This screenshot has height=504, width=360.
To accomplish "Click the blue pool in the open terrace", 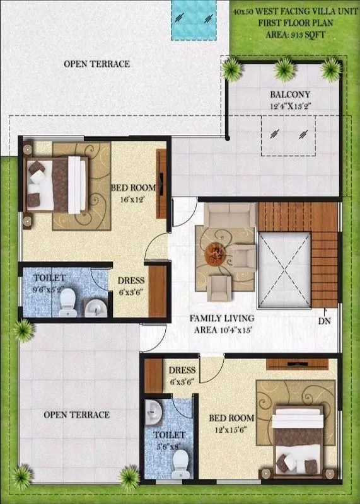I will (196, 19).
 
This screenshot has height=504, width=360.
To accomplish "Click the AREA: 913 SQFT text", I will (291, 34).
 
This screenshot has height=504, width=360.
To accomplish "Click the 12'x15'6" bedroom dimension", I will (233, 430).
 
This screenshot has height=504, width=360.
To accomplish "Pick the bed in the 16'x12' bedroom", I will (57, 184).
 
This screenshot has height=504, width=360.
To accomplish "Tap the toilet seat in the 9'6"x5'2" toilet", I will (66, 304).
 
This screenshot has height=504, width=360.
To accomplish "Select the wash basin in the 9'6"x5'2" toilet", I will (93, 307).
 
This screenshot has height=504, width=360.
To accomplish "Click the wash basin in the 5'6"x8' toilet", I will (154, 413).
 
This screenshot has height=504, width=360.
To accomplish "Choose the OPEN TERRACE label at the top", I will (97, 64).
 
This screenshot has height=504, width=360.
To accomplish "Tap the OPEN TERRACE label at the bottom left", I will (76, 415).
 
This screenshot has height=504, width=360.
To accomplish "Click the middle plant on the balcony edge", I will (284, 66).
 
